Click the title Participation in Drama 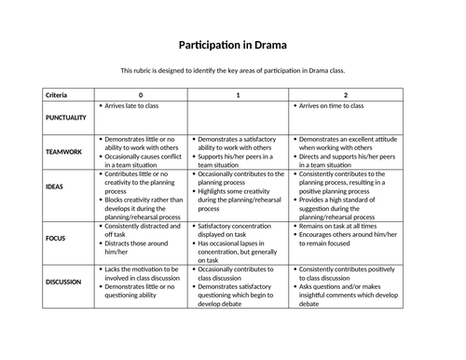233,45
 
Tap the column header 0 141,95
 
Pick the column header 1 238,95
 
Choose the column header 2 347,95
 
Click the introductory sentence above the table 233,71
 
